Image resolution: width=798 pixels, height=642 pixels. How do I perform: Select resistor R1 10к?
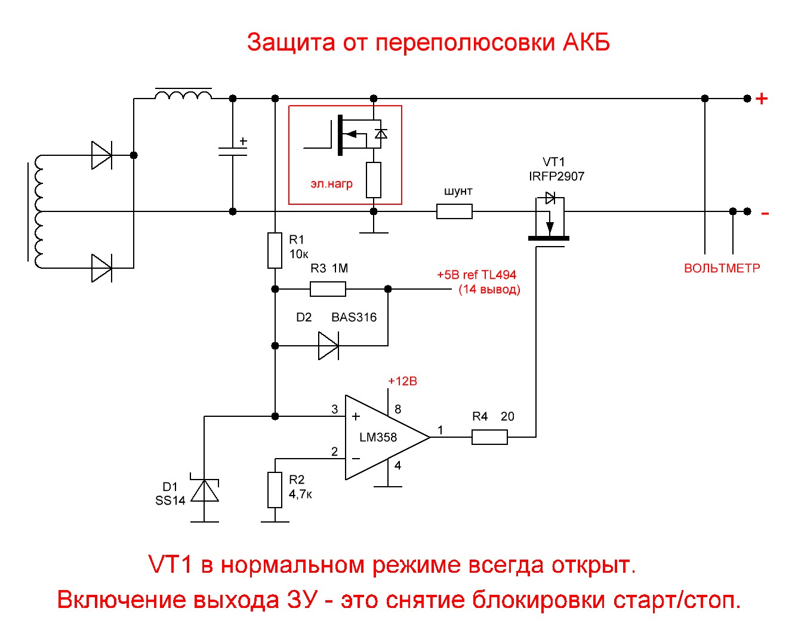click(275, 250)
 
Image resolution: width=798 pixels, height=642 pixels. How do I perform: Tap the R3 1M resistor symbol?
click(328, 289)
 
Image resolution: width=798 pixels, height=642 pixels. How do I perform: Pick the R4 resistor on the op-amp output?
click(489, 437)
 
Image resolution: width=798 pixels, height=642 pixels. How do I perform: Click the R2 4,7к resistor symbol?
click(275, 490)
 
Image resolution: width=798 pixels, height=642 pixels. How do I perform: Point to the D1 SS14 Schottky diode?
click(205, 490)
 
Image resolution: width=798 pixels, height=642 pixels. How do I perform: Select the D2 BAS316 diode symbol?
click(328, 345)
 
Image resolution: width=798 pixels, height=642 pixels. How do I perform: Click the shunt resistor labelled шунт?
click(454, 211)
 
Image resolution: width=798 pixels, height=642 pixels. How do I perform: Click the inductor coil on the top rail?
click(183, 96)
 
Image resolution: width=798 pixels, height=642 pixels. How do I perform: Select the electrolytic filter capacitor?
click(233, 151)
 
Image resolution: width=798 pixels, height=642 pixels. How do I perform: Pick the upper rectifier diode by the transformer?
click(101, 155)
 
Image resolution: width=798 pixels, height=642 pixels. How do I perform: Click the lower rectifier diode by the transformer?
click(101, 268)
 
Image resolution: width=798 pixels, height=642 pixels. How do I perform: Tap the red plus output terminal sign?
click(762, 99)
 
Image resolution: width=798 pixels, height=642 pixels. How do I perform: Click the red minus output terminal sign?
click(765, 213)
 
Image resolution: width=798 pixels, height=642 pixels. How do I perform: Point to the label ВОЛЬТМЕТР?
click(722, 269)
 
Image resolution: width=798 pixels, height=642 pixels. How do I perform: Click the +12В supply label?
click(402, 381)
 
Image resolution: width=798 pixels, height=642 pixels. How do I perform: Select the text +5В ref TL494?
click(476, 275)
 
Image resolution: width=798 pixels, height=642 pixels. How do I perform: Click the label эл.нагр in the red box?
click(331, 184)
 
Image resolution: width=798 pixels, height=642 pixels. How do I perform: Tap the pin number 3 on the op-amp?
click(335, 409)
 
